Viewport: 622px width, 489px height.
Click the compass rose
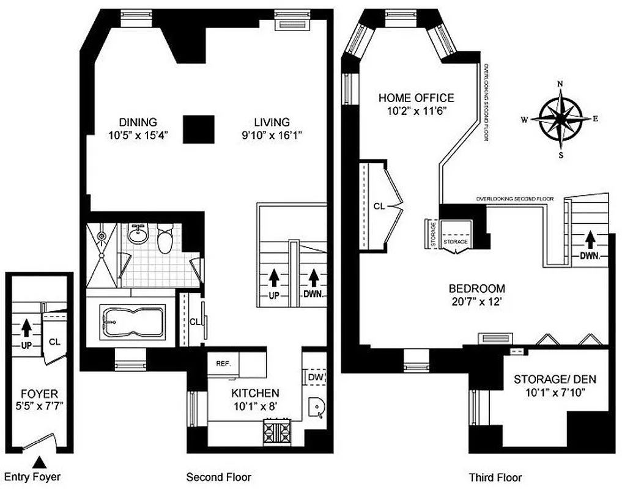click(x=560, y=119)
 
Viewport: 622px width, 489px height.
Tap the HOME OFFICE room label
click(x=416, y=98)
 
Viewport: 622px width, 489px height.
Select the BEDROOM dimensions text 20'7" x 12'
click(x=476, y=301)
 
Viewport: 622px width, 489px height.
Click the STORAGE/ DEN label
click(x=554, y=380)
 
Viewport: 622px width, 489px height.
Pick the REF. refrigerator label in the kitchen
click(x=222, y=363)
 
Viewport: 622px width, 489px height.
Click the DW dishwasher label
click(x=315, y=378)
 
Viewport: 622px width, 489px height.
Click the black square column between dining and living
click(x=199, y=129)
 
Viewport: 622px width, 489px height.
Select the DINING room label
click(x=138, y=122)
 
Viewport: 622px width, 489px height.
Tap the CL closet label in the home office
click(x=379, y=207)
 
